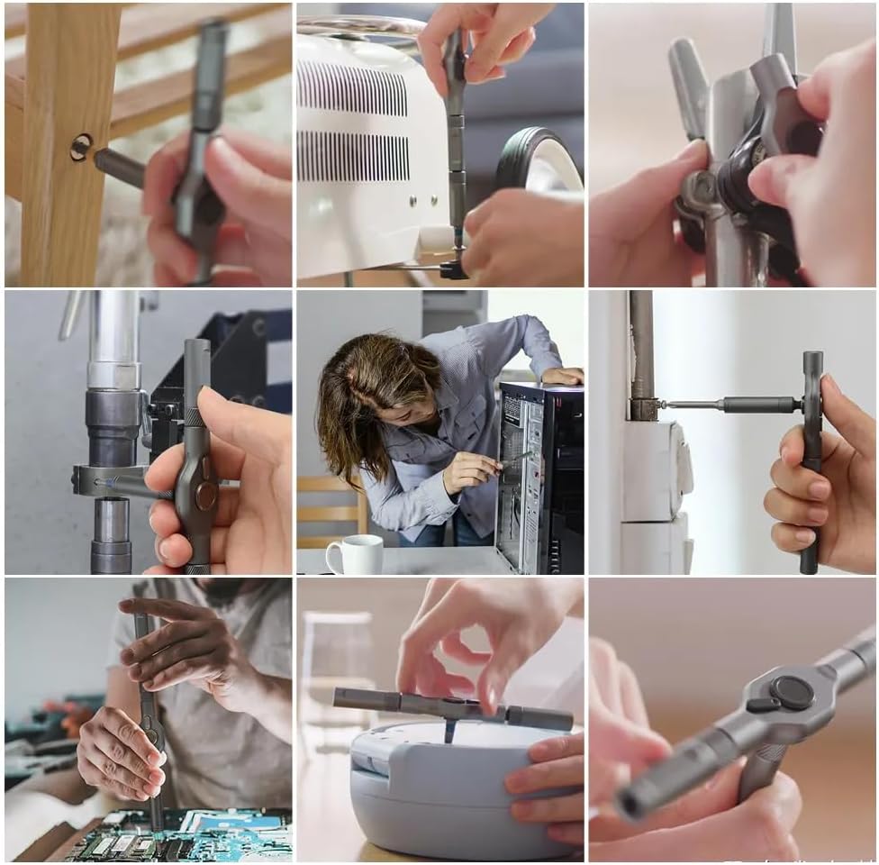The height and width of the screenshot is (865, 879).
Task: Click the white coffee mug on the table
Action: tap(356, 554)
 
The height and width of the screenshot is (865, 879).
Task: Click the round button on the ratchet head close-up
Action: tap(792, 691)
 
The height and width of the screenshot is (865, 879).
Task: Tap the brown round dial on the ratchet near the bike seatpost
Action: tap(206, 495)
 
